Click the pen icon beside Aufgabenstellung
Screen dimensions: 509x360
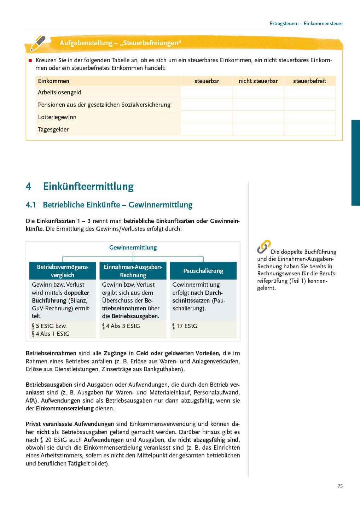pyautogui.click(x=37, y=43)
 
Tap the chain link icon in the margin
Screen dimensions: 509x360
pyautogui.click(x=264, y=247)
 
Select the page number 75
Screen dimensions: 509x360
pyautogui.click(x=340, y=486)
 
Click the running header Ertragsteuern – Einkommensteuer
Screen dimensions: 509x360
pyautogui.click(x=306, y=24)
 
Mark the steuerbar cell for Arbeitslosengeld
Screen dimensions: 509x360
pyautogui.click(x=207, y=92)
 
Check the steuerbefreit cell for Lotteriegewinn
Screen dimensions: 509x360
pyautogui.click(x=309, y=117)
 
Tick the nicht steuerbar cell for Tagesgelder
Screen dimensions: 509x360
pyautogui.click(x=258, y=129)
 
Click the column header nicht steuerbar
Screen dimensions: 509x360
pyautogui.click(x=258, y=81)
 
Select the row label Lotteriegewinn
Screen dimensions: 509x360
pyautogui.click(x=57, y=117)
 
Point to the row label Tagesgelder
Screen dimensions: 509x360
pyautogui.click(x=53, y=129)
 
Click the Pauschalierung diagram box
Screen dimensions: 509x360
pyautogui.click(x=203, y=271)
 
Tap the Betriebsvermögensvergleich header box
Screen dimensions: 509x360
pyautogui.click(x=63, y=271)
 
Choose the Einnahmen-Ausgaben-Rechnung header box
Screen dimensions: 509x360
pyautogui.click(x=133, y=271)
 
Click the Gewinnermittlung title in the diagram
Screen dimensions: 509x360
pyautogui.click(x=133, y=247)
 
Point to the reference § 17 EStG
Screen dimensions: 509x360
pyautogui.click(x=185, y=326)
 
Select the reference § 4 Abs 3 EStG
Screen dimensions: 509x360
pyautogui.click(x=121, y=326)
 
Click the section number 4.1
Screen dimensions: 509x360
pyautogui.click(x=31, y=205)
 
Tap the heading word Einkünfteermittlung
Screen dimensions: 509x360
pyautogui.click(x=88, y=186)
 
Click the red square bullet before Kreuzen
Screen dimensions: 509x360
pyautogui.click(x=30, y=60)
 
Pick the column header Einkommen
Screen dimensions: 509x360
pyautogui.click(x=54, y=81)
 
